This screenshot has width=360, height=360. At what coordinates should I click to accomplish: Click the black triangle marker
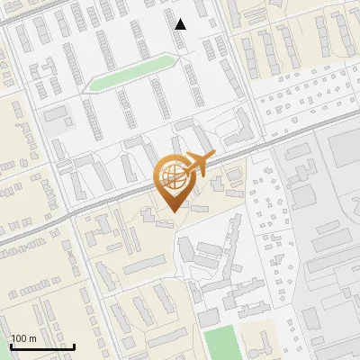181,24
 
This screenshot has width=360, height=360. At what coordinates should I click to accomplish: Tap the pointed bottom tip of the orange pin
171,212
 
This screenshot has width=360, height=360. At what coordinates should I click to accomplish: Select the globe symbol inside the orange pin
171,175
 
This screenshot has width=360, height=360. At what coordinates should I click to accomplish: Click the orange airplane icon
197,165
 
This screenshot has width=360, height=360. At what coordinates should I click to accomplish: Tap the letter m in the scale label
33,338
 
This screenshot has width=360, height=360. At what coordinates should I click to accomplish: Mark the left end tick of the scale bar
11,346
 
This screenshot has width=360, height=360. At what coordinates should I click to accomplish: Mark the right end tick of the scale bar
74,346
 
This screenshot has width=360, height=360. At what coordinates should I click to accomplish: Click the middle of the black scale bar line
42,347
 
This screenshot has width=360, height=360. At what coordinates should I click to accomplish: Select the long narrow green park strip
130,72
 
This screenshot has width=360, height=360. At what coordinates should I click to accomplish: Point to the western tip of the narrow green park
89,88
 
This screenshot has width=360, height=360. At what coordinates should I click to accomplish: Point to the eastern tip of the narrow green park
171,58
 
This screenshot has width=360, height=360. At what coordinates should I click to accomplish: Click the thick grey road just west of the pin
117,199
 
